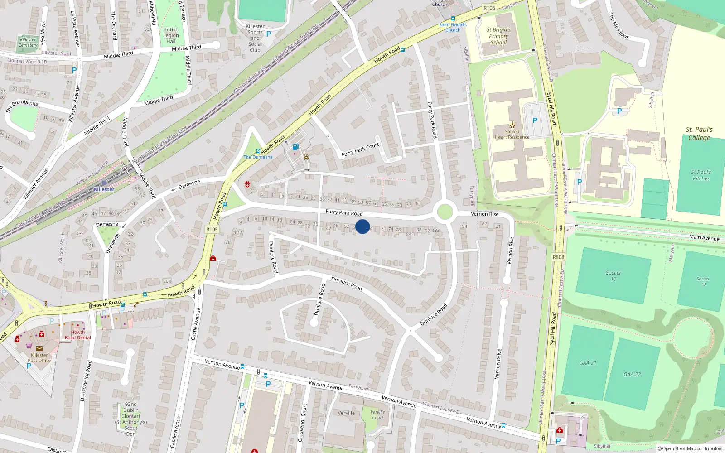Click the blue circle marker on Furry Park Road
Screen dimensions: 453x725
[x=362, y=226]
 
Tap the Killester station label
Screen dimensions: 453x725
[x=104, y=189]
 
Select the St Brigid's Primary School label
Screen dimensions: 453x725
[x=498, y=36]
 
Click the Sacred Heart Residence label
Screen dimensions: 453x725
[x=512, y=135]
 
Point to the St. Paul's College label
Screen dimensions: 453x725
[x=699, y=134]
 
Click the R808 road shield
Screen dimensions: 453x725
[x=558, y=257]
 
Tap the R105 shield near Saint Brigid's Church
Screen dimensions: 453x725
[x=489, y=8]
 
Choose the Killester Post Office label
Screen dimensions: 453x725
[x=39, y=358]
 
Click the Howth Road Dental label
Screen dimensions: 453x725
[x=78, y=335]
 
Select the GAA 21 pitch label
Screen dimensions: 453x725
[x=588, y=363]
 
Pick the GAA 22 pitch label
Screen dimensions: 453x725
[x=632, y=374]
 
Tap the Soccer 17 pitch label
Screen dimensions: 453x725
[x=614, y=275]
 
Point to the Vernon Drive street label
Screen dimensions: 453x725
[x=498, y=363]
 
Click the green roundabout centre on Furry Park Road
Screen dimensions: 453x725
[x=445, y=212]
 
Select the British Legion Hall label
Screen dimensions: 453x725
[x=171, y=35]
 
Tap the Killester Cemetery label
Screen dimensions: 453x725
[x=28, y=42]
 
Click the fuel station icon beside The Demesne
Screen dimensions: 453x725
[x=295, y=147]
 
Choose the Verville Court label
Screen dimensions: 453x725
[x=377, y=415]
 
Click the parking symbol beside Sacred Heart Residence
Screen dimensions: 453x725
[x=535, y=120]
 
